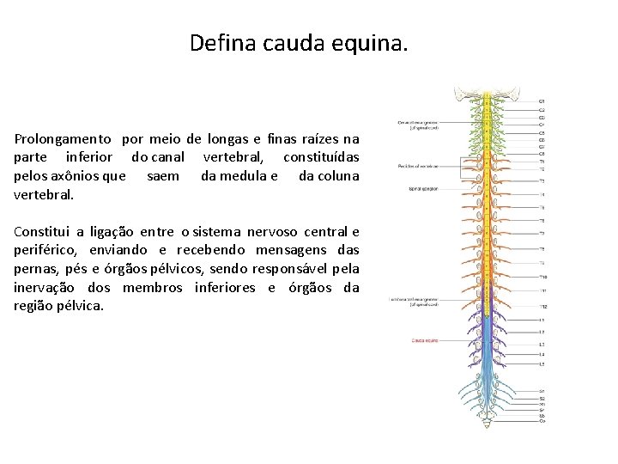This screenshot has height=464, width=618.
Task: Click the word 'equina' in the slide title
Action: pos(371,42)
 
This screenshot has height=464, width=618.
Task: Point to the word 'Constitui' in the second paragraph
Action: pos(42,231)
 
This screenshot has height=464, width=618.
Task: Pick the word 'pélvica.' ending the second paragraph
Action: pos(78,306)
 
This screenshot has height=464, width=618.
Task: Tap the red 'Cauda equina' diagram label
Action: pos(424,340)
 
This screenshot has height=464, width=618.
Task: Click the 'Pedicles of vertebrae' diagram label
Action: pos(418,166)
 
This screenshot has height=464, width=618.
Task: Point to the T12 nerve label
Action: pos(542,307)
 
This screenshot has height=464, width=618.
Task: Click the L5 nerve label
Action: pos(542,364)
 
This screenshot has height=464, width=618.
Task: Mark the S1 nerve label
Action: pos(542,392)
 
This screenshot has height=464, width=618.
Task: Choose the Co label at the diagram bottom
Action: pos(542,420)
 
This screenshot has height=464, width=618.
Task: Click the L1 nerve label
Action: pos(542,320)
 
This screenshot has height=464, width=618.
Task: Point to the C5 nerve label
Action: pos(542,133)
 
